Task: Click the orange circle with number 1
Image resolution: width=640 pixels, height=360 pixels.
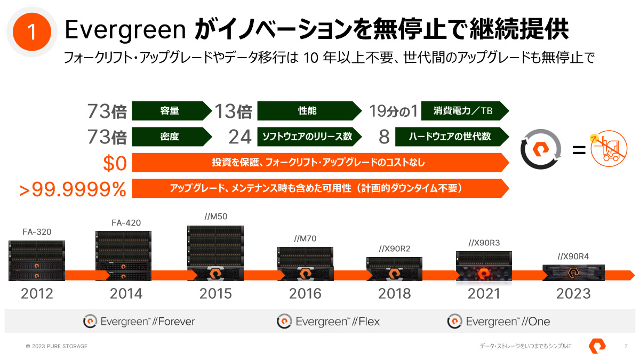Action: [31, 32]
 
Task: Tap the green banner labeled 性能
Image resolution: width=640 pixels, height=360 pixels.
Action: [308, 111]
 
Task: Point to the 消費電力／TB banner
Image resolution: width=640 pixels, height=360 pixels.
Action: [464, 111]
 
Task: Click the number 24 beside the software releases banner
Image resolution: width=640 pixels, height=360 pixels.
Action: [239, 137]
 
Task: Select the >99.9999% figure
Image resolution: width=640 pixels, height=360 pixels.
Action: [73, 189]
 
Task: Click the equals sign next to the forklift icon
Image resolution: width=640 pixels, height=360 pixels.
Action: [579, 150]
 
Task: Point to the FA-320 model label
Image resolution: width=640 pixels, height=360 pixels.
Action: [37, 232]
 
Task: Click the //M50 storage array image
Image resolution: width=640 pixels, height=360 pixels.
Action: [215, 253]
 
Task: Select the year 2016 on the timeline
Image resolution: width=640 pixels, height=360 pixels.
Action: [305, 293]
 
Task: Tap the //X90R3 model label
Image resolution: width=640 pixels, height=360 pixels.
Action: [484, 243]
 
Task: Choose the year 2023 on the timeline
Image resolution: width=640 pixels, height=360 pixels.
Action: [573, 293]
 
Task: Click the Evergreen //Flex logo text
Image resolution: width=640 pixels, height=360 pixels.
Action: [329, 322]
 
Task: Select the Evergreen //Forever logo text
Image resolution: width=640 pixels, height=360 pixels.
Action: [139, 322]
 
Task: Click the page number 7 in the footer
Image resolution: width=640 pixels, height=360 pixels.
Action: [626, 346]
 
